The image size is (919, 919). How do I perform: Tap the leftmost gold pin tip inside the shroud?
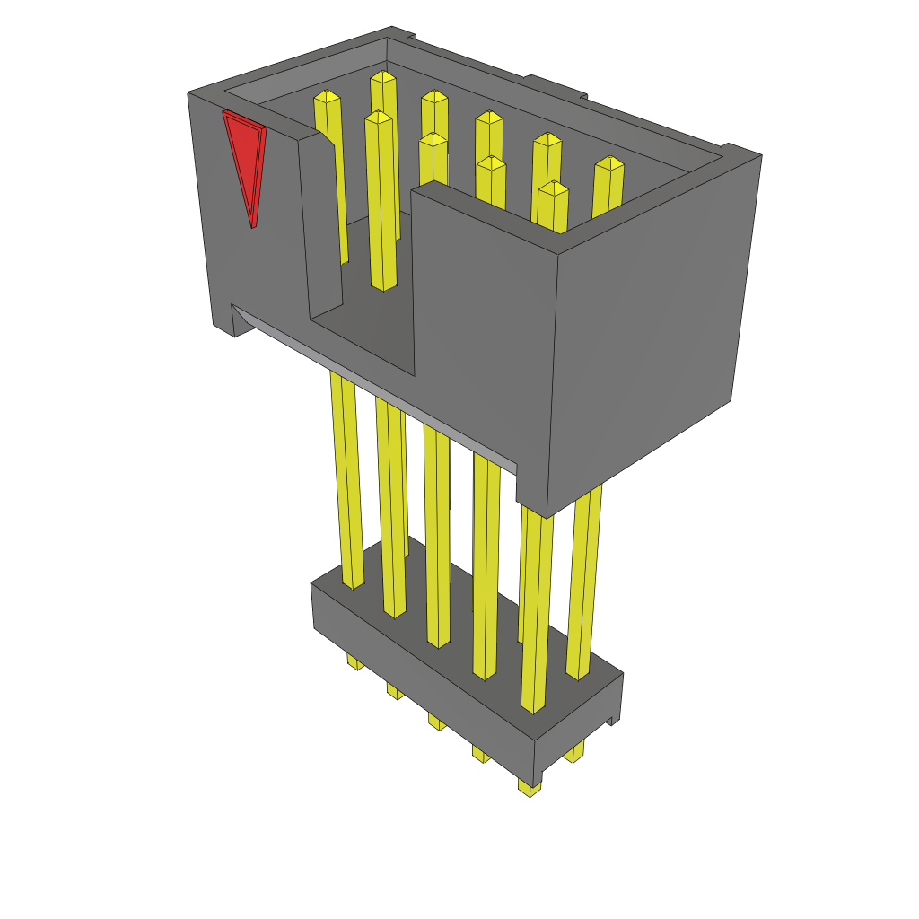click(x=327, y=98)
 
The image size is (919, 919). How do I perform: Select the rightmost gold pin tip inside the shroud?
click(x=609, y=165)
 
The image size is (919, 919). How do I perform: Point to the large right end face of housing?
click(x=646, y=323)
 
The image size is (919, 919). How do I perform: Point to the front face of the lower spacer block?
click(x=422, y=664)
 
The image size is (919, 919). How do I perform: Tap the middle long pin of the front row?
click(x=438, y=538)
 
